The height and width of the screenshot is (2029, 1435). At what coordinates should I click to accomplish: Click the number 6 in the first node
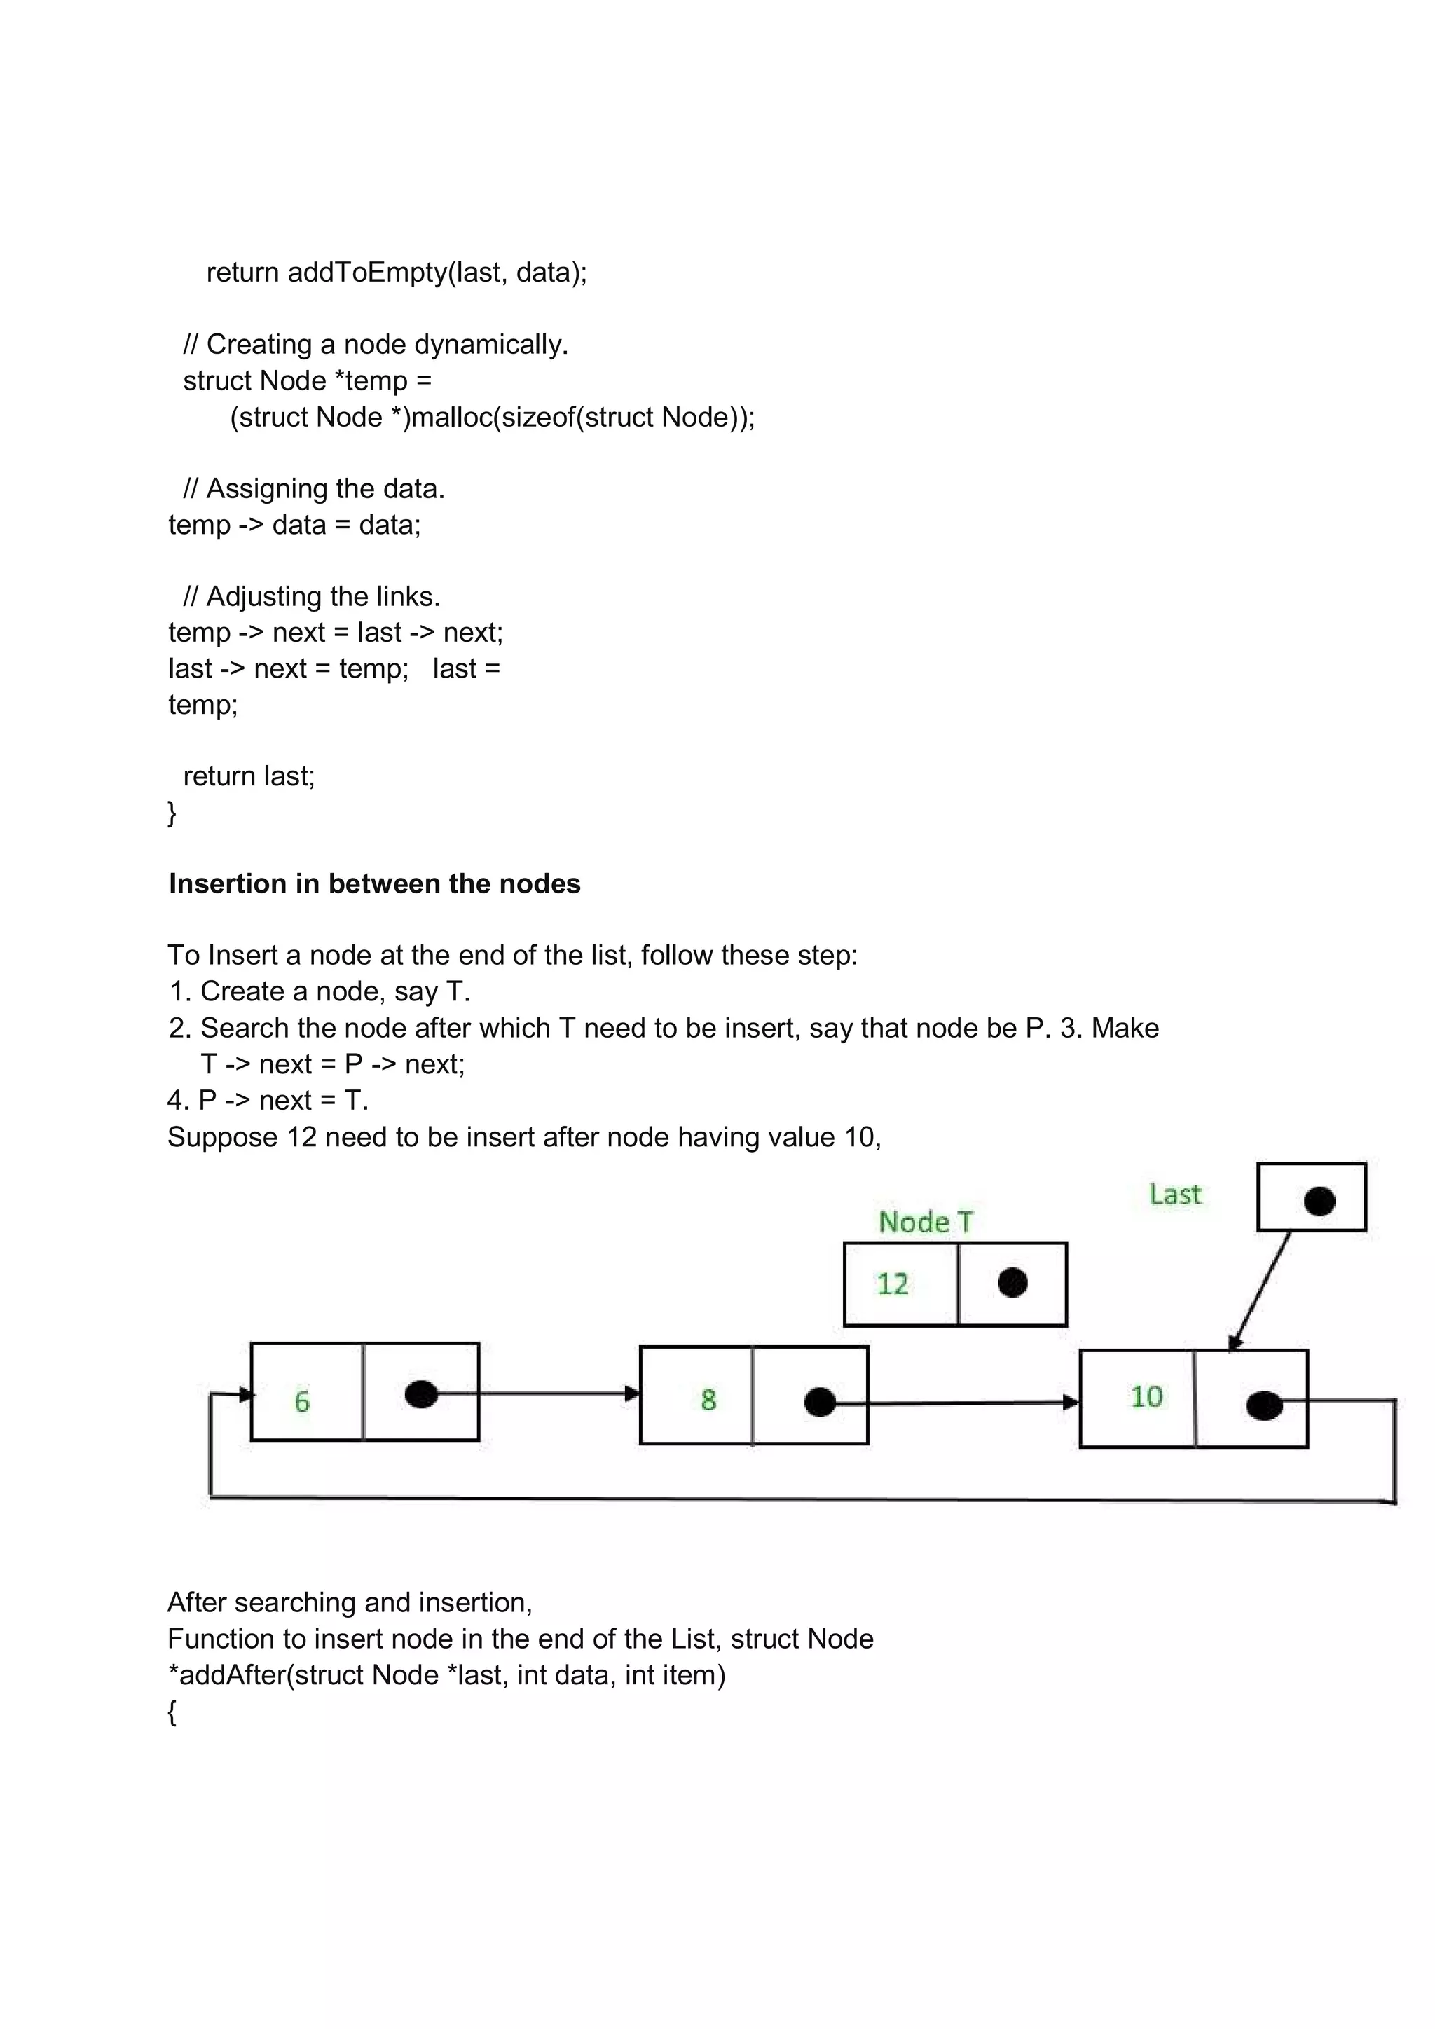[x=302, y=1401]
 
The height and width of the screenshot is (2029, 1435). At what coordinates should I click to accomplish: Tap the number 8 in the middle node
[x=708, y=1399]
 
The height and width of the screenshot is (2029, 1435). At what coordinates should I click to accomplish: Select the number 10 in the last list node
[x=1146, y=1396]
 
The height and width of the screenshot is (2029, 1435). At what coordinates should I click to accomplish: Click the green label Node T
[x=925, y=1222]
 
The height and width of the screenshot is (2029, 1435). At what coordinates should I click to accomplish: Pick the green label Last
[x=1175, y=1195]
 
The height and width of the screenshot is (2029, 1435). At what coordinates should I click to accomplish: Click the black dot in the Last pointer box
[x=1319, y=1201]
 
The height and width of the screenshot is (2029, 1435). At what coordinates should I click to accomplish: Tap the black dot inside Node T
[x=1012, y=1282]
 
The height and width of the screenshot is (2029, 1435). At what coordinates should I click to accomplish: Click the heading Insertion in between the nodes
[x=375, y=883]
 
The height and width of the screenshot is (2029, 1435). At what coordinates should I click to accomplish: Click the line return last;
[x=249, y=776]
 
